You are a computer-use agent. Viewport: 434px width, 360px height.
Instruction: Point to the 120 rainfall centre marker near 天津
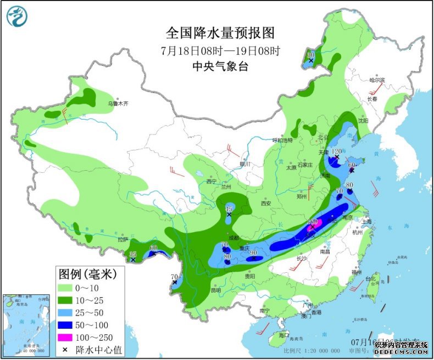336,157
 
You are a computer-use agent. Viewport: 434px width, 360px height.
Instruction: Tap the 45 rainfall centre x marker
229,215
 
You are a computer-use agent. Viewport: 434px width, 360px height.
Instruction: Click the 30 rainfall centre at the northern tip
311,60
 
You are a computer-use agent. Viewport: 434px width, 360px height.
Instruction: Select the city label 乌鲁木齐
117,103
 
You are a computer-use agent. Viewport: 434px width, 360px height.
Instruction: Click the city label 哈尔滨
377,81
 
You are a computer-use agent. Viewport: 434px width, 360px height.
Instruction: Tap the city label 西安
266,203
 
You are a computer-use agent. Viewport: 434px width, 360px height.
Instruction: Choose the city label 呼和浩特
285,140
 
